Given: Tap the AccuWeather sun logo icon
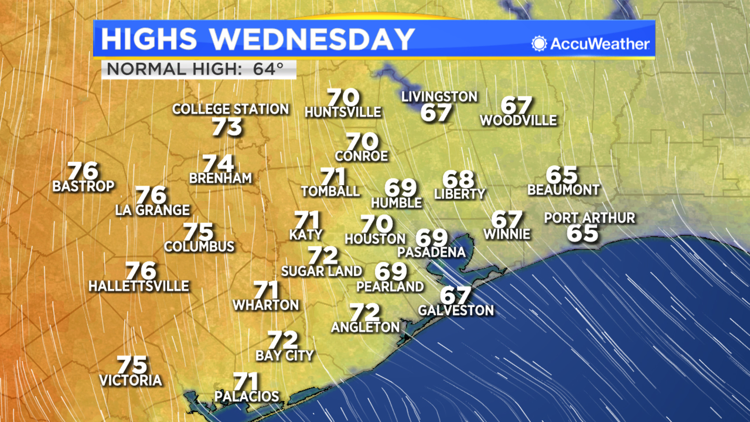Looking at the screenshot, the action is click(539, 44).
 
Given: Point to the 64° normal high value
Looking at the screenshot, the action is click(269, 69).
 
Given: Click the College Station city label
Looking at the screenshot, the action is click(231, 109).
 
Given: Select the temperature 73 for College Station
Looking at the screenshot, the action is click(227, 127).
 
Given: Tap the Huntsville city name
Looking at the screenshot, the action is click(343, 112).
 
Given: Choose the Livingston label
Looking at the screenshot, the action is click(439, 97).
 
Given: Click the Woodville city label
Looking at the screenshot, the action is click(518, 121).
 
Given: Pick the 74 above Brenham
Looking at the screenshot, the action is click(218, 164).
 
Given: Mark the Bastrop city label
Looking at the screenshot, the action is click(83, 186).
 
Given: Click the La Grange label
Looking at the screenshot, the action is click(153, 210).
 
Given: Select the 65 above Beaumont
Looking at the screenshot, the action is click(562, 175).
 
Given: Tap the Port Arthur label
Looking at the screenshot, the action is click(589, 218).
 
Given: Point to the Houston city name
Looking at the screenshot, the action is click(375, 239).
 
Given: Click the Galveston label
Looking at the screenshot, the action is click(456, 310).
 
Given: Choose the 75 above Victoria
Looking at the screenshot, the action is click(132, 365).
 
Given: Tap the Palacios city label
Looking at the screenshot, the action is click(247, 396).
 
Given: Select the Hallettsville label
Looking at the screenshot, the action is click(139, 286).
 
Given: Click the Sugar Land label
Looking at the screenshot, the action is click(322, 271).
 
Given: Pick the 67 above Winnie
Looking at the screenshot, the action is click(506, 219).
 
